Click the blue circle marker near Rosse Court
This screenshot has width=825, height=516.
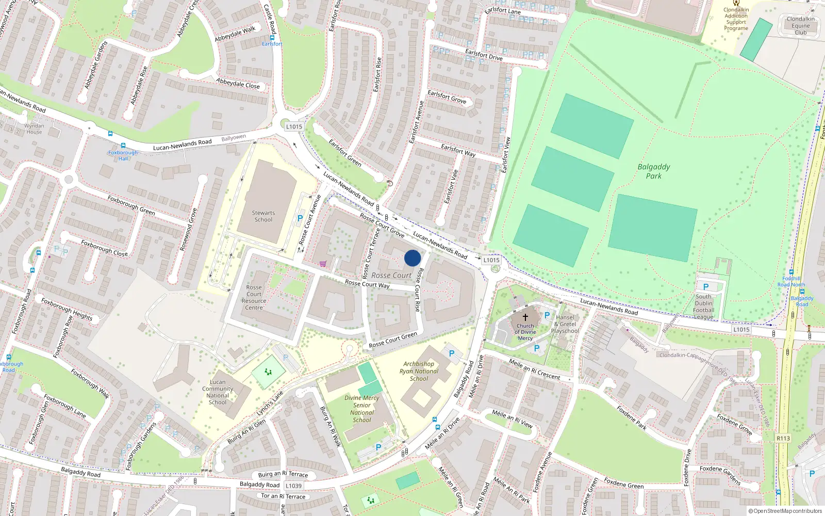(x=412, y=258)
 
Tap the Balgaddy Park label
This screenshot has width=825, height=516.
(x=654, y=171)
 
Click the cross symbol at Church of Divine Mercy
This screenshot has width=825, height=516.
(x=525, y=317)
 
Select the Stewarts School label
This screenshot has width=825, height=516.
(x=263, y=216)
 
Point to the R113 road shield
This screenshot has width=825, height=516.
(x=783, y=438)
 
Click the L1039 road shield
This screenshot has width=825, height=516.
(x=293, y=486)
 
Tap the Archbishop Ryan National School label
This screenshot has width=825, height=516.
(x=419, y=371)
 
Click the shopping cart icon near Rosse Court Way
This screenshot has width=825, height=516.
(x=323, y=264)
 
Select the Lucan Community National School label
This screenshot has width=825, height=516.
(x=218, y=392)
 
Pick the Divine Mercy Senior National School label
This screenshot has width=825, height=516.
(x=362, y=409)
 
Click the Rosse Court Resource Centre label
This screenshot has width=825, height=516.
(x=254, y=297)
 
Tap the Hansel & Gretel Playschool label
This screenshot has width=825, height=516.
(x=565, y=324)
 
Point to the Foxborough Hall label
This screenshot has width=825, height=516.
(x=123, y=155)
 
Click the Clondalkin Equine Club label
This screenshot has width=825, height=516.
(x=800, y=26)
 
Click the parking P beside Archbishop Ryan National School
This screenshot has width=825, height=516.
(x=452, y=353)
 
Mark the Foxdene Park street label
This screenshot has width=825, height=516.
(x=632, y=418)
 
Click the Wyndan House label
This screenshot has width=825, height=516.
(x=34, y=128)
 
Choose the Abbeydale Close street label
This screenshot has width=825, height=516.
(x=238, y=84)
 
